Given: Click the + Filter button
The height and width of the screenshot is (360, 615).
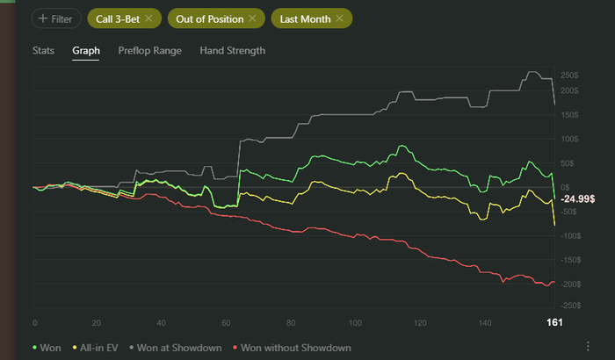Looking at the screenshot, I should (x=56, y=18).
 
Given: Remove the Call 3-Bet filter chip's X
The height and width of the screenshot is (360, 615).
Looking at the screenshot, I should (x=148, y=18).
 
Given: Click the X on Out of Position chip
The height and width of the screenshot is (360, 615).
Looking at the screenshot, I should (x=253, y=18).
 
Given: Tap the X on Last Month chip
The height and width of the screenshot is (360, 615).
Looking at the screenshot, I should (x=339, y=18).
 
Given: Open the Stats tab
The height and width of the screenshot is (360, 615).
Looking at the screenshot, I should (x=43, y=51).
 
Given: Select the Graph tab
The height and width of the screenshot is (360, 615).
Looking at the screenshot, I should (x=86, y=51).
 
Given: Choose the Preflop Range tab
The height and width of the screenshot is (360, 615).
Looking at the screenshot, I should (x=150, y=51).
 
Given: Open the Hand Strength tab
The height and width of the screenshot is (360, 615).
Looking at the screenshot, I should (x=233, y=51).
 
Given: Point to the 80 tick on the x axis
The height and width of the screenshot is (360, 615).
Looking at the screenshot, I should (x=291, y=323).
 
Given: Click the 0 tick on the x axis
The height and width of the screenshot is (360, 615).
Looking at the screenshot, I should (x=34, y=323).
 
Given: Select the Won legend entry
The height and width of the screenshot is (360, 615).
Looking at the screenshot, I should (x=48, y=347).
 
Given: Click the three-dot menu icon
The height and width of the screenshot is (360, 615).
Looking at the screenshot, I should (x=587, y=346).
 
